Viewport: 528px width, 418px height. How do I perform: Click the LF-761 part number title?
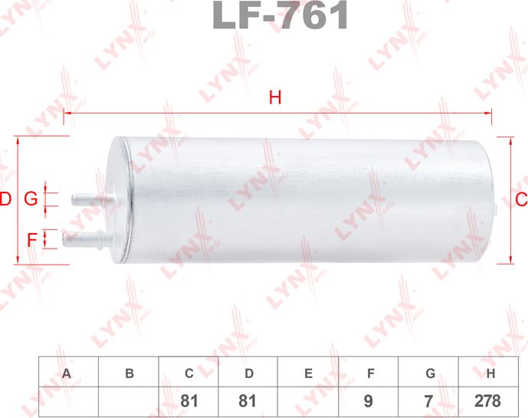pos(280,16)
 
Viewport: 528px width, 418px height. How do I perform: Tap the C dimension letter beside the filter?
pos(520,200)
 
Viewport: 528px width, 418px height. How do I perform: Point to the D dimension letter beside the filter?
pos(5,200)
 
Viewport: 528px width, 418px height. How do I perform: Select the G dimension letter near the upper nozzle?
pos(31,199)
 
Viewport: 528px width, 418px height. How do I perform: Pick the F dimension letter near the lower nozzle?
pos(32,239)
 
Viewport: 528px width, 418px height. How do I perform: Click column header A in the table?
pos(68,374)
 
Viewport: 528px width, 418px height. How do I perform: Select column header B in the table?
pos(129,374)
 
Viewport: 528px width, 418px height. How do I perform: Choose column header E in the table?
pos(308,374)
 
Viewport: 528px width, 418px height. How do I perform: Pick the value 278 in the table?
pos(487,401)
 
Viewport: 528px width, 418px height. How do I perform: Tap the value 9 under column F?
pos(369,401)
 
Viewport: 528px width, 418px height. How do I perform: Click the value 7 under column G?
pos(429,401)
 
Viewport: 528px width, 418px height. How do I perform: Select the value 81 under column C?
pos(189,401)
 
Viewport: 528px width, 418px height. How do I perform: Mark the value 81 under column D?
pos(248,401)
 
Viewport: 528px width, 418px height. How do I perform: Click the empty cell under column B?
pos(129,401)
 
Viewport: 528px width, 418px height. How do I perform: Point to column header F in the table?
pos(369,374)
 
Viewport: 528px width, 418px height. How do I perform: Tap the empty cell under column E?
pos(308,401)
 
